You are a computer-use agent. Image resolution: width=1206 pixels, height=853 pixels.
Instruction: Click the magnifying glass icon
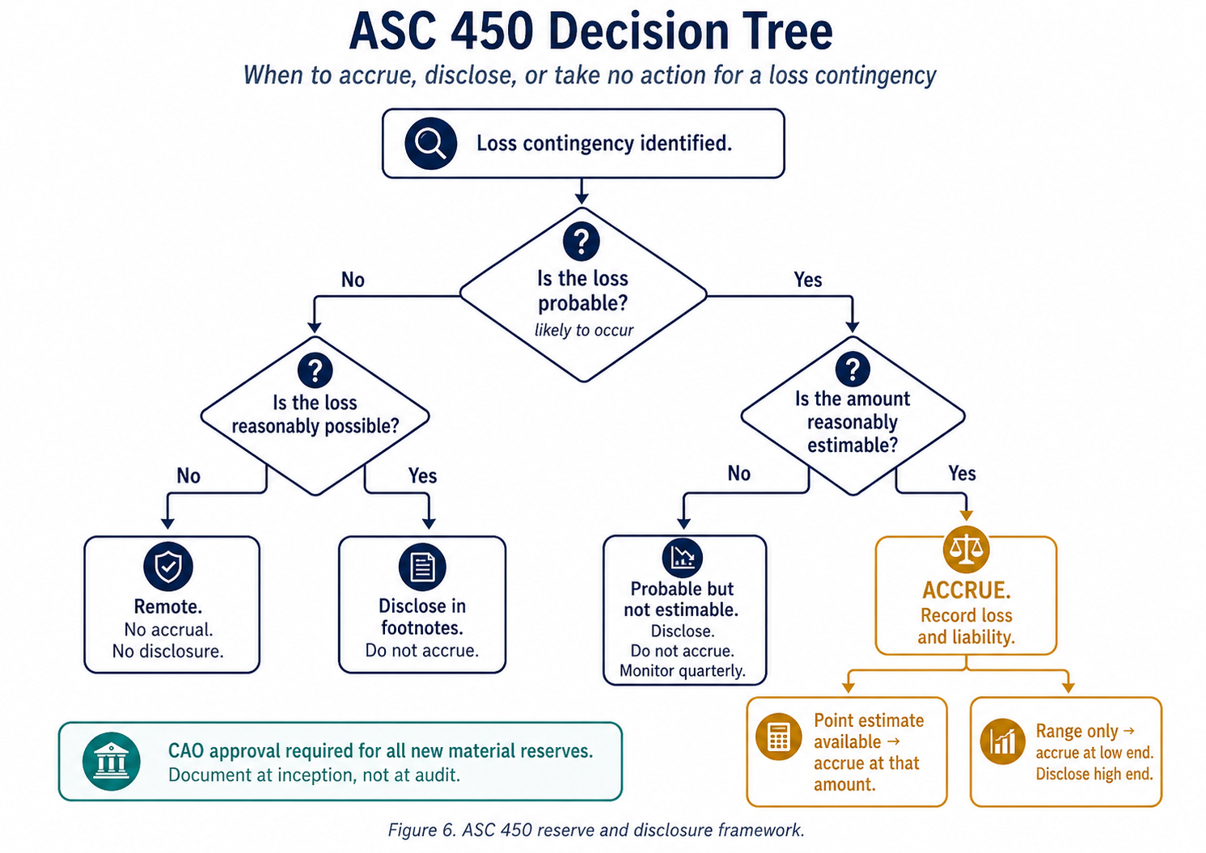click(430, 143)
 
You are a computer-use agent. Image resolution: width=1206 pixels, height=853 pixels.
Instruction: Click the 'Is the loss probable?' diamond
click(583, 291)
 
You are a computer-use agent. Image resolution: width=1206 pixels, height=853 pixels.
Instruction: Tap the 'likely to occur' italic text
click(583, 330)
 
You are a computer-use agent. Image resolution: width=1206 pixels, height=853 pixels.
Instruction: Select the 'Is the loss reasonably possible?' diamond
click(315, 415)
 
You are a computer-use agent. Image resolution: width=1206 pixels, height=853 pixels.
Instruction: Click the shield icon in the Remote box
click(168, 566)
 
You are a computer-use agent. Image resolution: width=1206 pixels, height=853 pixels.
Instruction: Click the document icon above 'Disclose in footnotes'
click(422, 567)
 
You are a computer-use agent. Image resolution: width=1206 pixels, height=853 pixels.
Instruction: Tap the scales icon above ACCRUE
click(966, 550)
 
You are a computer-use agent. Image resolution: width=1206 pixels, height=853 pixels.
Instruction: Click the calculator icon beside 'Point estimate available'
click(778, 737)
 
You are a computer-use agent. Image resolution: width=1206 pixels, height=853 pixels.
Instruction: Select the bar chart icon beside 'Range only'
click(1002, 741)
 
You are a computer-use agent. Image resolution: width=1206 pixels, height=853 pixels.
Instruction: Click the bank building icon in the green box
click(112, 761)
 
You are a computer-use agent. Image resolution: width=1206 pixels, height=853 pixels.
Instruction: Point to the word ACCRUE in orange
click(966, 590)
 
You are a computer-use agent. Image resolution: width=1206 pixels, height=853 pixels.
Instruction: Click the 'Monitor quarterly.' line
click(683, 671)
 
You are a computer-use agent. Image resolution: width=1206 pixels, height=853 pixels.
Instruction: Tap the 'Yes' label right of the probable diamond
click(807, 280)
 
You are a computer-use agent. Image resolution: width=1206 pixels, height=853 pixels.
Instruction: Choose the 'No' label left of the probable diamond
click(353, 280)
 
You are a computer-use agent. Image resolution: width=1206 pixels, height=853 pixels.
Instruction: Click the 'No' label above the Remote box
click(188, 475)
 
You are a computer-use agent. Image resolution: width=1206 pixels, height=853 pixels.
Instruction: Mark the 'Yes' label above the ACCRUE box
click(962, 473)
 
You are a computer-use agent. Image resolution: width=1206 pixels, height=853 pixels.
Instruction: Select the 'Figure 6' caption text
click(596, 830)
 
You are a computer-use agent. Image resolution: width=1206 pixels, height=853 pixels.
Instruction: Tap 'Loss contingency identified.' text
click(603, 143)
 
